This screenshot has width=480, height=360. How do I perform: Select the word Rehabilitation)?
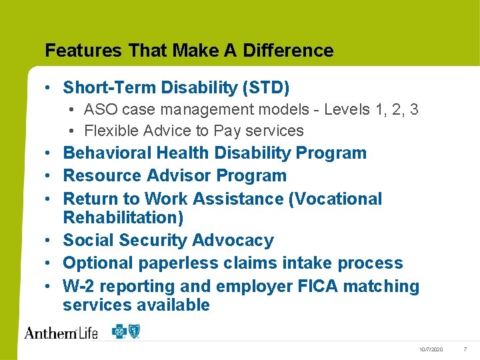point(123,217)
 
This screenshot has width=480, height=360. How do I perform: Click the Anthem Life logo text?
point(61,333)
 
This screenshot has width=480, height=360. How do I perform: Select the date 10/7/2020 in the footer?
point(431,350)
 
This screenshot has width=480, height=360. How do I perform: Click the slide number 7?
point(465,350)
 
